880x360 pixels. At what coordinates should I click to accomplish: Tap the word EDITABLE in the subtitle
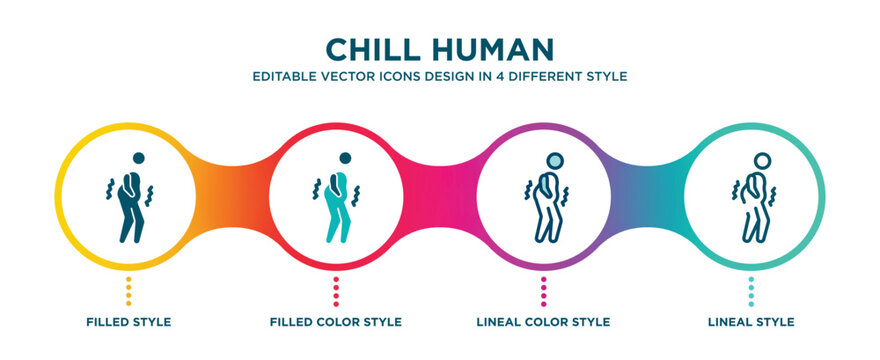[x=286, y=76]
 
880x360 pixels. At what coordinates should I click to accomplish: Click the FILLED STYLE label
[x=128, y=322]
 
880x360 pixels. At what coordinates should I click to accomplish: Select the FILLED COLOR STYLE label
[x=336, y=322]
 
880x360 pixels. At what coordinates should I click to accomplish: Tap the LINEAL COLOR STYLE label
[x=544, y=322]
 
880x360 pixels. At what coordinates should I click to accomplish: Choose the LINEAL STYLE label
[x=751, y=322]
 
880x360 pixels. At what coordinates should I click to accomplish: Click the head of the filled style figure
[x=138, y=158]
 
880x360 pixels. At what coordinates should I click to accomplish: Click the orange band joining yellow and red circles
[x=232, y=195]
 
